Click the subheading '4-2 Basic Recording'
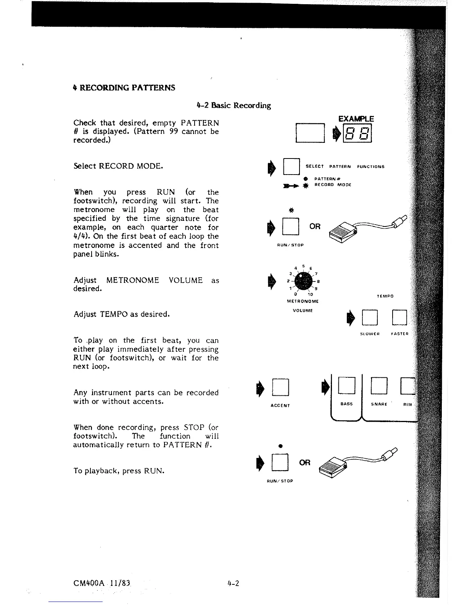point(233,105)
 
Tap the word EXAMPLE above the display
point(356,119)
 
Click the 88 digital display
point(358,134)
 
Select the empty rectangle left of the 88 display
point(310,133)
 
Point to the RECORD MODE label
point(332,185)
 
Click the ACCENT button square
point(280,387)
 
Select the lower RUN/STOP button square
point(280,463)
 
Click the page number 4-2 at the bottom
point(233,583)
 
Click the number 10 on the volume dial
point(310,295)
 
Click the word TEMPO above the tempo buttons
point(385,296)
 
